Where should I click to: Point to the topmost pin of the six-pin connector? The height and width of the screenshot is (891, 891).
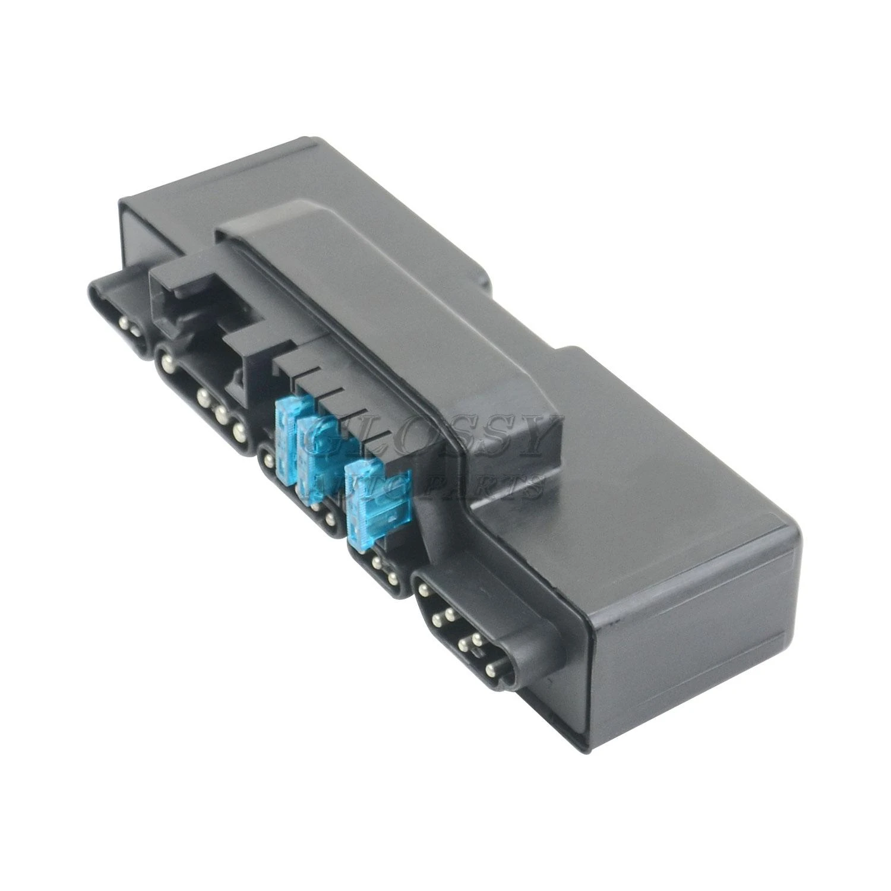point(424,590)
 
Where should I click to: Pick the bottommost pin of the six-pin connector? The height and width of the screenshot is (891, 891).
point(490,671)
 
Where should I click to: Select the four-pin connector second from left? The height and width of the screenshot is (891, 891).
point(202,398)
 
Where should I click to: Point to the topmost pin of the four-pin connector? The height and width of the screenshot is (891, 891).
point(162,359)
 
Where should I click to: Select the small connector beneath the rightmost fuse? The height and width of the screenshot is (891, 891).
point(380,567)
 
